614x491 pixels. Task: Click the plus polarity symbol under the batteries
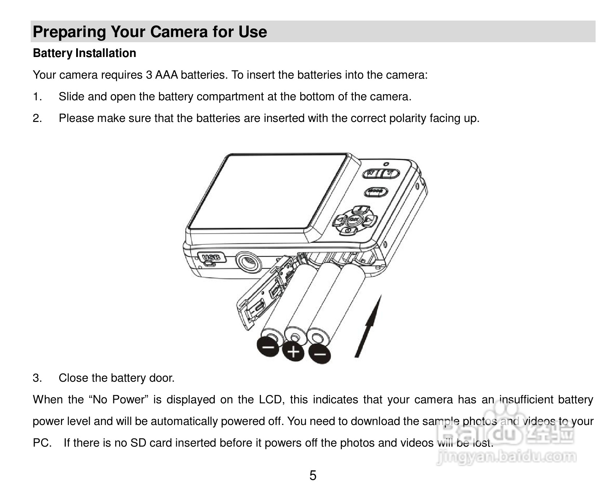click(294, 351)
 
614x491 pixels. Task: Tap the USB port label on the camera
click(211, 258)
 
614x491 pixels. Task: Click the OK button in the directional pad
click(354, 220)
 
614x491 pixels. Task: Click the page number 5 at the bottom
click(313, 475)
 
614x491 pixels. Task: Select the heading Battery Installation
click(84, 53)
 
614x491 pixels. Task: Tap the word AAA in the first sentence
click(166, 75)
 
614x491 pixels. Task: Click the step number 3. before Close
click(37, 378)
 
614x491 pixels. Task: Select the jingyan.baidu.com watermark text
click(506, 457)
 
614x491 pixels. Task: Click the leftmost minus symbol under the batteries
click(267, 347)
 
